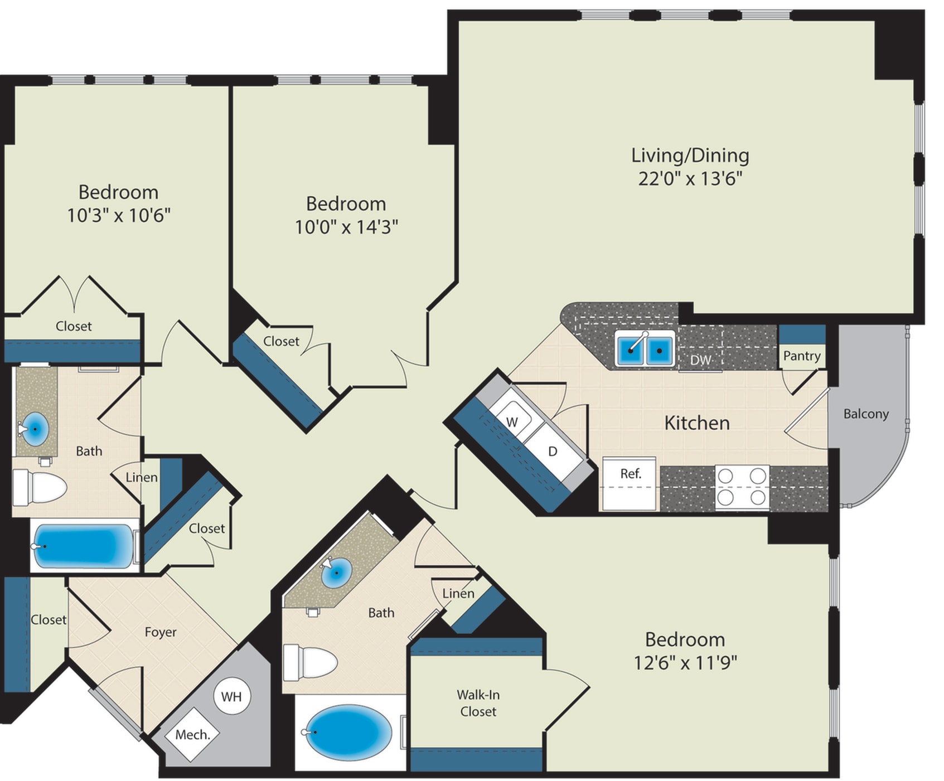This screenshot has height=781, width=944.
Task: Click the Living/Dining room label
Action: coord(690,156)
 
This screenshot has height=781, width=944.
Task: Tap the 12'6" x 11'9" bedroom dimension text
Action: coord(685,663)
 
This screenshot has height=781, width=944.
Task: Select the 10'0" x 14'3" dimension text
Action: coord(346,227)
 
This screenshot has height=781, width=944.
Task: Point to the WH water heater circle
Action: coord(231,696)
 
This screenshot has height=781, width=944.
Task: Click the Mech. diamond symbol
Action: coord(192,735)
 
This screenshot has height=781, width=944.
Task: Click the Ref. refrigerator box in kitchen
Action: coord(630,483)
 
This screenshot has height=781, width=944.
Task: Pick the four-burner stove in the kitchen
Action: coord(742,487)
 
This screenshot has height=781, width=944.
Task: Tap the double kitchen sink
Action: coord(645,350)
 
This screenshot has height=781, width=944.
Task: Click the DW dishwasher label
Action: coord(700,360)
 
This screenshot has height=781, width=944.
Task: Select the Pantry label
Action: coord(801,356)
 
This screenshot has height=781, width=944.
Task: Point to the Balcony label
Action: coord(865,414)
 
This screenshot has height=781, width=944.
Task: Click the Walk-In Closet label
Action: coord(478,703)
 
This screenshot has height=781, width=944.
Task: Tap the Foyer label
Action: coord(161,632)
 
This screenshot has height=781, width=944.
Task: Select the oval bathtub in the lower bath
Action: coord(348,733)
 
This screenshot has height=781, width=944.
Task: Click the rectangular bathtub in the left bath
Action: coord(83,546)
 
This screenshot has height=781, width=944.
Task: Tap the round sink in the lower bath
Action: coord(337,573)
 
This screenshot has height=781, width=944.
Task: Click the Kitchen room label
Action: coord(696,423)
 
